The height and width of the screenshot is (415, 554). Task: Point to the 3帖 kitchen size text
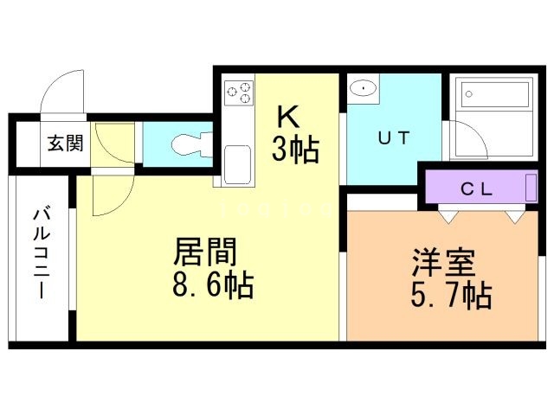[x=295, y=150]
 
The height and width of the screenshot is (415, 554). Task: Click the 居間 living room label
[x=206, y=252]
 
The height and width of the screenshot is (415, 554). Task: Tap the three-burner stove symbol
[x=239, y=92]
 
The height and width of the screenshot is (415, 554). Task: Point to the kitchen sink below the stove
[x=237, y=163]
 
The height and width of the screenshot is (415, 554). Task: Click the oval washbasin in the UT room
[x=364, y=88]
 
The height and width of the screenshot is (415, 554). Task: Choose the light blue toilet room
[x=177, y=144]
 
